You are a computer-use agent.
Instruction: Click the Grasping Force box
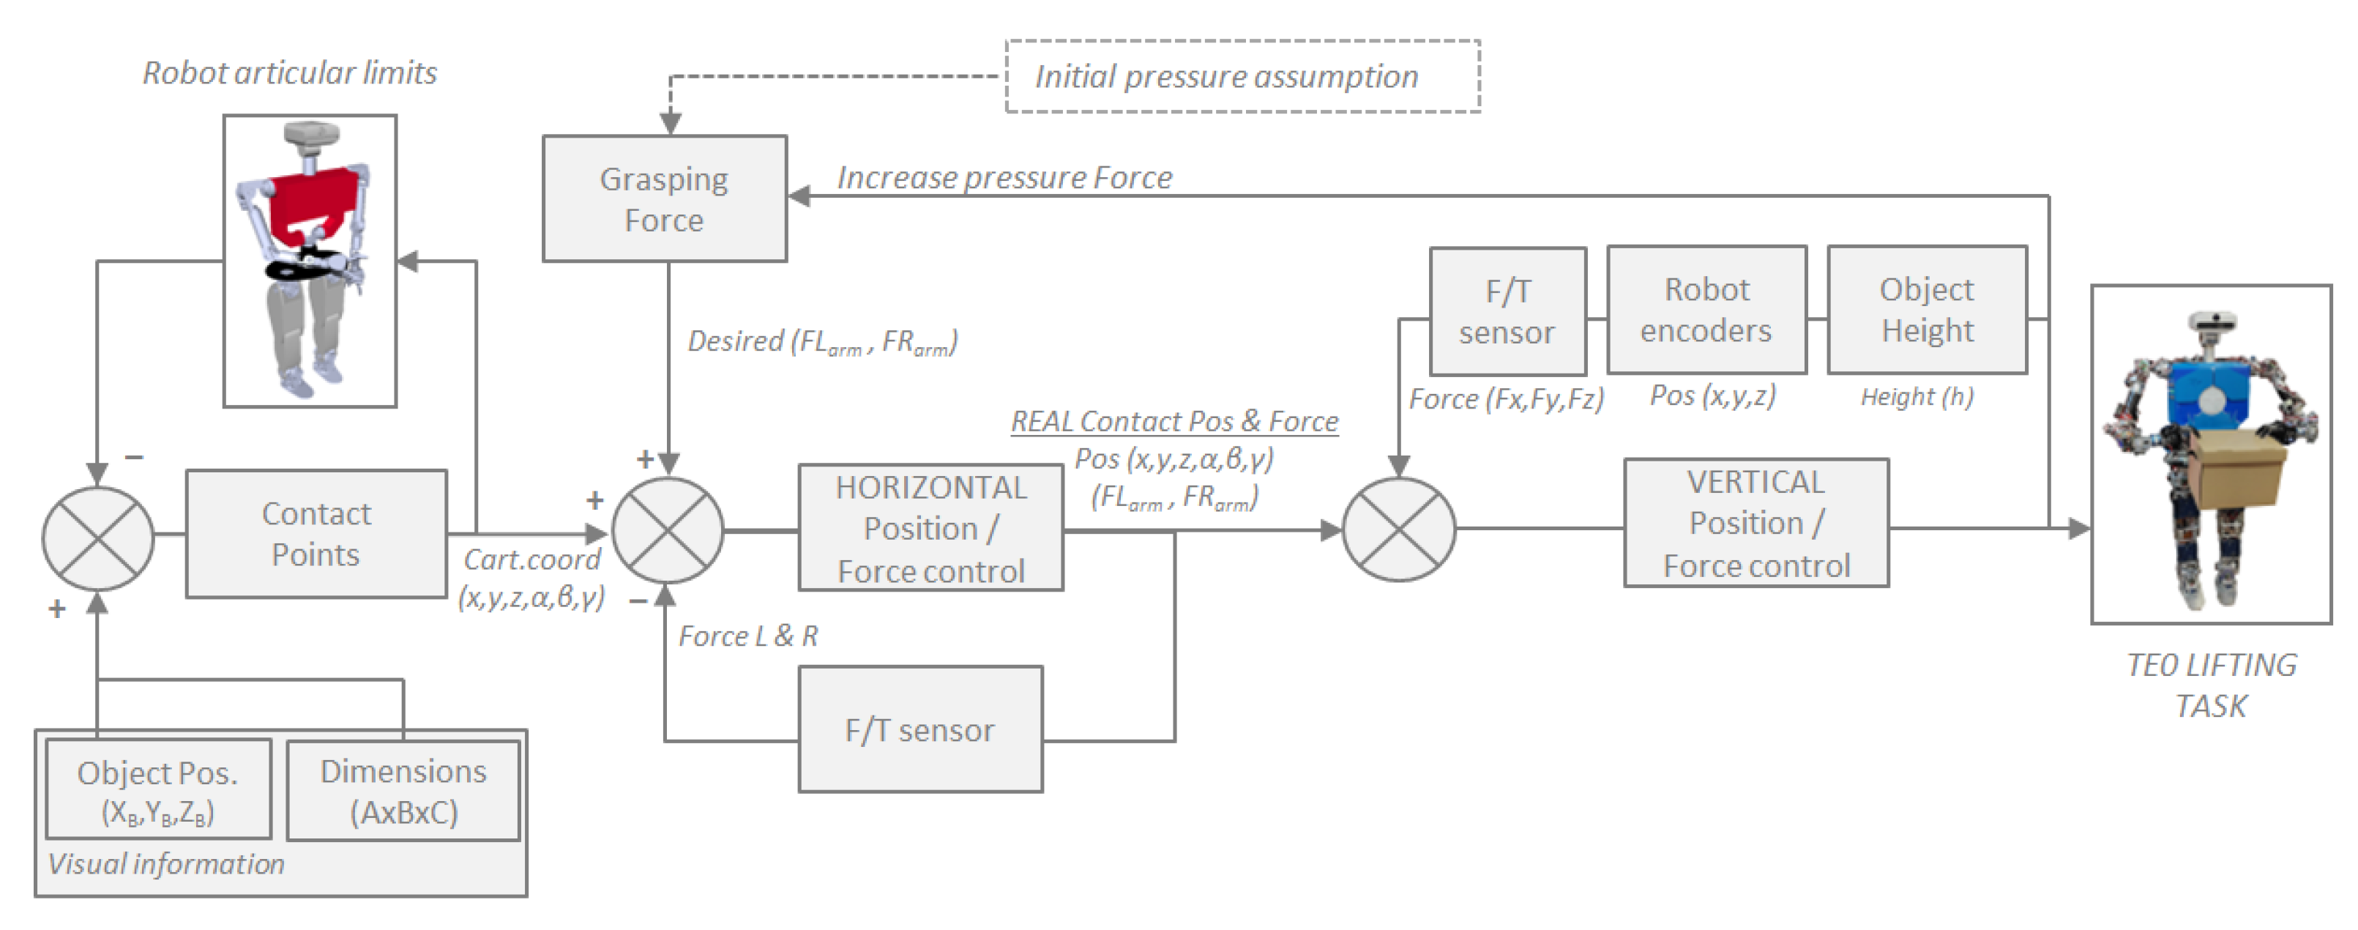664,198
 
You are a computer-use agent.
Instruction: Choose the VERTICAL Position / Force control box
1755,523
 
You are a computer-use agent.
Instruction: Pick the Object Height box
1926,309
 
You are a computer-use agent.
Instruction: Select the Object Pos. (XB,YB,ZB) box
158,789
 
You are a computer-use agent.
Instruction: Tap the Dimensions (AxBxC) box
403,790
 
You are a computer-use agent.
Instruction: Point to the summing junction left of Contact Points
98,538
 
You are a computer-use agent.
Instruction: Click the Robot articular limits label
289,73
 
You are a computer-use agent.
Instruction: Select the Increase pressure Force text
1004,176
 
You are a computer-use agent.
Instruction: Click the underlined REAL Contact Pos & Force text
1174,421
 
